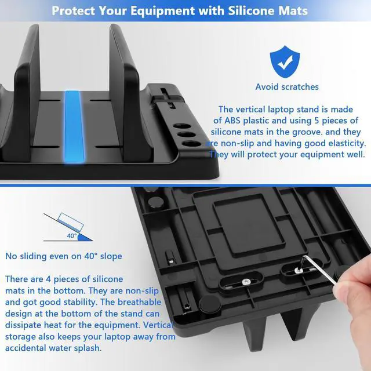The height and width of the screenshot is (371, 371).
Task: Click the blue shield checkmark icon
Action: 285,62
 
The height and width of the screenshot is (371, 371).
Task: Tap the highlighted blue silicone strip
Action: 74,127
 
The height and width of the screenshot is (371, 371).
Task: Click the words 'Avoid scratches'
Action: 287,87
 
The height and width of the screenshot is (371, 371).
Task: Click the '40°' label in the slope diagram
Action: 72,236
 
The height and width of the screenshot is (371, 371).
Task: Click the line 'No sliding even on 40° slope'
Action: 64,256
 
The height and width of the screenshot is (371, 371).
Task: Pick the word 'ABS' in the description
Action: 232,121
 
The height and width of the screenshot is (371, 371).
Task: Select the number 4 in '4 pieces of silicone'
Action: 48,279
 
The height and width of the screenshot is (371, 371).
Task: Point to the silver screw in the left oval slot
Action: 246,282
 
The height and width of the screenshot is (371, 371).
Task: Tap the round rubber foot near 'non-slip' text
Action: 210,303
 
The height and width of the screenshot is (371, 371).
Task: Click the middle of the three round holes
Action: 187,135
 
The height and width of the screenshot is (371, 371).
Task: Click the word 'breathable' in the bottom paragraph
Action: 139,302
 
